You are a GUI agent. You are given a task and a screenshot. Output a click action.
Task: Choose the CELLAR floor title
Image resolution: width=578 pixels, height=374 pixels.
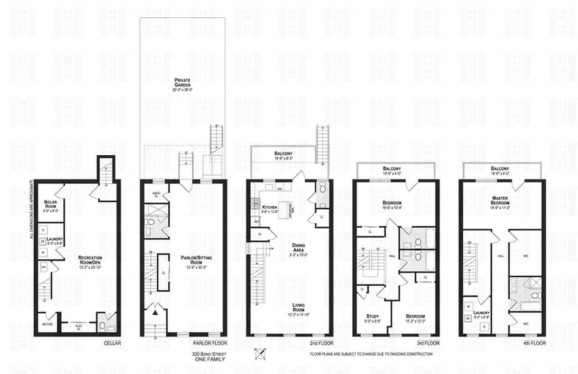[112, 344]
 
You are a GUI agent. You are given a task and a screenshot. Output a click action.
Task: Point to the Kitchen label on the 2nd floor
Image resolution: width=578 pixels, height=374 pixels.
[257, 207]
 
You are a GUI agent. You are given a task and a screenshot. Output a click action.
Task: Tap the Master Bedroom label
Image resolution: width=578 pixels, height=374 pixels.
[500, 200]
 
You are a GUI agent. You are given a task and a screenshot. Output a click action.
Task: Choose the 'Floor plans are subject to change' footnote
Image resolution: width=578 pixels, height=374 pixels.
[371, 354]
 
